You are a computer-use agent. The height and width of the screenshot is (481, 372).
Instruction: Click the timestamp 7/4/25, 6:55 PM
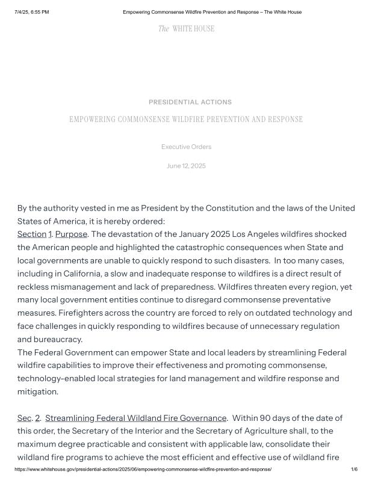click(32, 12)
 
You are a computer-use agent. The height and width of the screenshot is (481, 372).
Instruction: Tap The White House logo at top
click(186, 29)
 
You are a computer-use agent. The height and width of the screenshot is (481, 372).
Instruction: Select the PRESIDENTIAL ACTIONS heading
click(190, 102)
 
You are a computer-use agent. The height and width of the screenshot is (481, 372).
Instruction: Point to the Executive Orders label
click(186, 147)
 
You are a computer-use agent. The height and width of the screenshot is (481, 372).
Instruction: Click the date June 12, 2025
click(186, 166)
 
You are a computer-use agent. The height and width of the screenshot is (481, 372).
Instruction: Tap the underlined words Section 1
click(34, 234)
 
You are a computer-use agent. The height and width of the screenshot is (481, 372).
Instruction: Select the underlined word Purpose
click(71, 234)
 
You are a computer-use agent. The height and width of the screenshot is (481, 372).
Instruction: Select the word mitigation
click(37, 391)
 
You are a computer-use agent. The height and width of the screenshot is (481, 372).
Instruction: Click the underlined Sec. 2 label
click(28, 418)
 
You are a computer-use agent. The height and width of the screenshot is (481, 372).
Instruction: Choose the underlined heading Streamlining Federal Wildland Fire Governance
click(136, 418)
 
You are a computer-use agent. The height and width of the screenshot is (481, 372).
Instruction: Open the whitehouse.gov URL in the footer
click(143, 469)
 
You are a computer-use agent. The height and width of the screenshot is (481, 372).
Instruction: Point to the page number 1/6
click(354, 469)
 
